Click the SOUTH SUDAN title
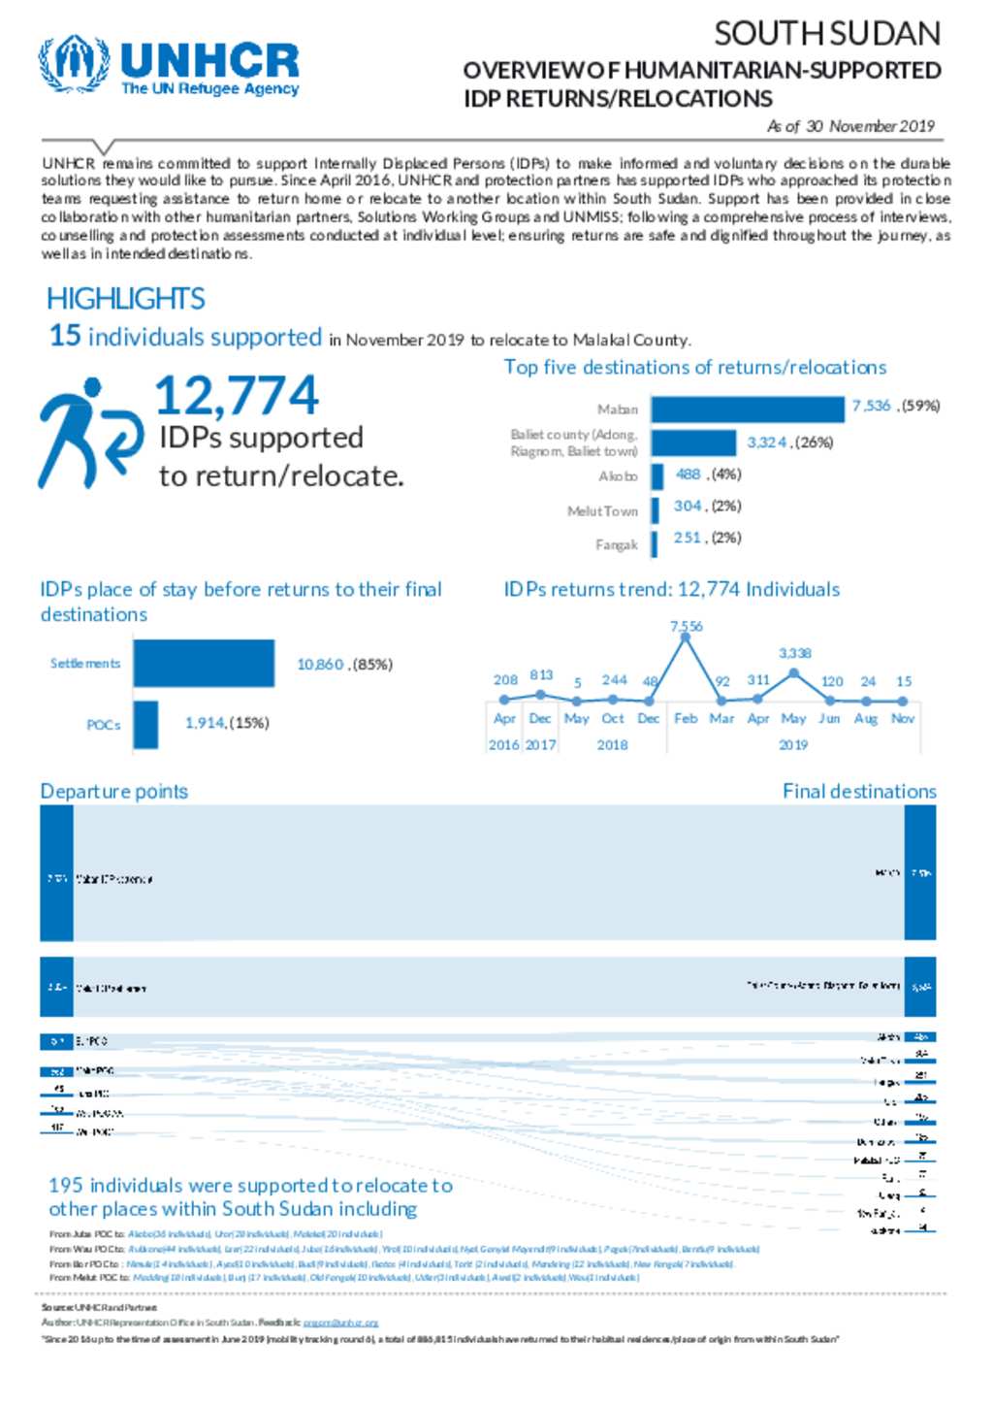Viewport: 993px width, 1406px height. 826,34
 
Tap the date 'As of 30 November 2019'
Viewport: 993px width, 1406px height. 850,126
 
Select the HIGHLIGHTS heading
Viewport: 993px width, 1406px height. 126,298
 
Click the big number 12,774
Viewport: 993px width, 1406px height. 236,396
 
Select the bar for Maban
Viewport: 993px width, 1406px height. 747,409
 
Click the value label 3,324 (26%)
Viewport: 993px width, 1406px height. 789,442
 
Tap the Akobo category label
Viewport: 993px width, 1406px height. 618,476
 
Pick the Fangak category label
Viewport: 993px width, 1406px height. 616,544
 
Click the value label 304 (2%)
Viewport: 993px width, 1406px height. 707,507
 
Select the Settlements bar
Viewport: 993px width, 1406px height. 204,664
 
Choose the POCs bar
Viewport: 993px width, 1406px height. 145,724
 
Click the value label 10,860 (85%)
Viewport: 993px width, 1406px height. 344,665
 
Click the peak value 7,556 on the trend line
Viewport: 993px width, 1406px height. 686,626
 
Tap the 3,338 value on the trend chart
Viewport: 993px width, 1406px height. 794,653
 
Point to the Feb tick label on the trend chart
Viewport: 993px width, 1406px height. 686,718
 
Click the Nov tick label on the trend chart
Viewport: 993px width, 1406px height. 903,718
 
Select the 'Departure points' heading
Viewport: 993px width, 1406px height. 114,791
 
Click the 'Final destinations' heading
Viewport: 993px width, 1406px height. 859,791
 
